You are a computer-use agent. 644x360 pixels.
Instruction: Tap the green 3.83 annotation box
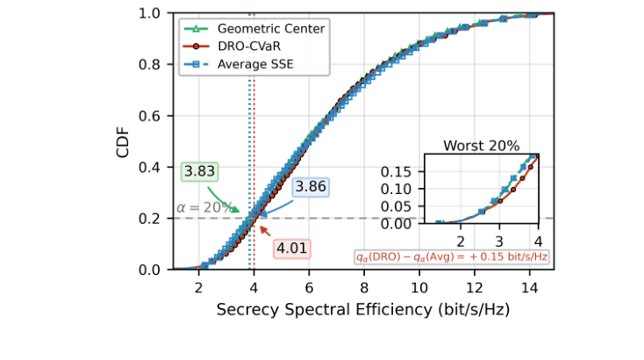tap(201, 170)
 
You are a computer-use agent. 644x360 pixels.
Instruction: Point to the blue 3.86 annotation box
tap(311, 187)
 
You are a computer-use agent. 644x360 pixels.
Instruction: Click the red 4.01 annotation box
tap(291, 248)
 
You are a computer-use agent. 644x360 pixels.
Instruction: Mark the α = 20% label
tap(205, 208)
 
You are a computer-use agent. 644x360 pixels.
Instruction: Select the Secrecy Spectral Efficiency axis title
tap(363, 310)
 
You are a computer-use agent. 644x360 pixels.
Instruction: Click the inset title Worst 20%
tap(481, 146)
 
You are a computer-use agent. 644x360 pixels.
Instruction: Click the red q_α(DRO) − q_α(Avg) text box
tap(453, 256)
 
